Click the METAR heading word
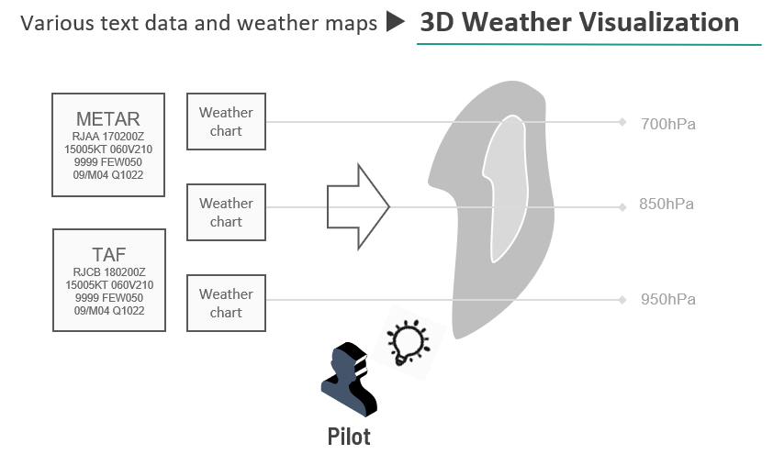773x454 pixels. coord(108,119)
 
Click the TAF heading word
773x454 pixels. coord(108,255)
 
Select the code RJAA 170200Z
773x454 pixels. coord(108,137)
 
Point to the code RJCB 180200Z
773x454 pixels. coord(108,272)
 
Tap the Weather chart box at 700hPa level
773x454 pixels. coord(226,121)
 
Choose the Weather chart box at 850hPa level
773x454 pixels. coord(226,212)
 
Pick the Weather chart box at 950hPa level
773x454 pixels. coord(226,303)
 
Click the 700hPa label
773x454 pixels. coord(667,123)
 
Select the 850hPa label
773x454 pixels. coord(667,205)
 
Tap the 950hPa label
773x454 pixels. coord(667,300)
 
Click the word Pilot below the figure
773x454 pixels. coord(349,436)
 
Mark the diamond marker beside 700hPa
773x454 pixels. coord(622,122)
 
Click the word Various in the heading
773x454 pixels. coord(54,23)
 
